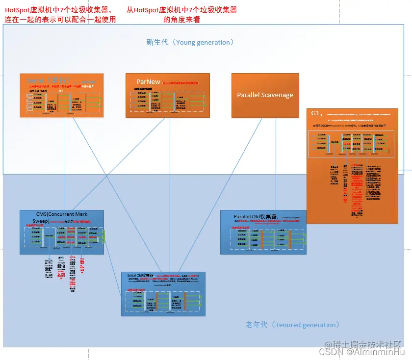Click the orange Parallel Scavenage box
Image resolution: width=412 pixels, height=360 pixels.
click(265, 95)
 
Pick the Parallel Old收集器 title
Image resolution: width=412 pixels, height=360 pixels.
click(256, 216)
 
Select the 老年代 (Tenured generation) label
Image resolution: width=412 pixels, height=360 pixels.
click(292, 325)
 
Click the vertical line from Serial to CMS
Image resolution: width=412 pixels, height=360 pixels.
click(64, 162)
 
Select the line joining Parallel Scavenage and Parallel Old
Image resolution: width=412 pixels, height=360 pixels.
click(276, 162)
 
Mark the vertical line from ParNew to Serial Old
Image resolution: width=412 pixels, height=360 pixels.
click(170, 196)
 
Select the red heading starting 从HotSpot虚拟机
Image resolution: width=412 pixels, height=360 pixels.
click(181, 14)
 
